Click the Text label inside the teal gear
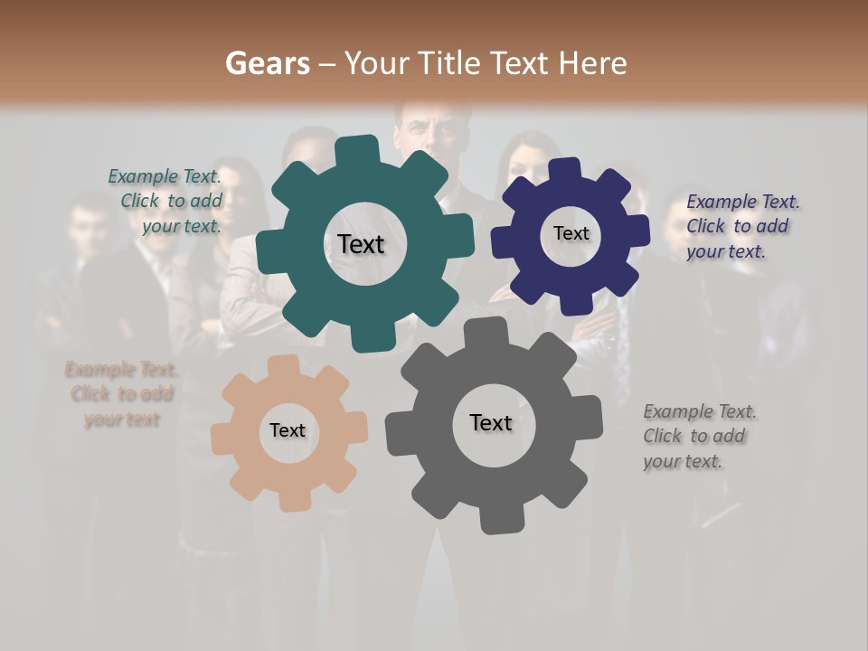[361, 244]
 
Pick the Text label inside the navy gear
[571, 233]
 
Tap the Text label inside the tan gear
[288, 430]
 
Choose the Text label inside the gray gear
[491, 422]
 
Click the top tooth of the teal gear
[357, 149]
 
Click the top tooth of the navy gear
[566, 169]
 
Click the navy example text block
[741, 226]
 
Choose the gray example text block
[698, 436]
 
